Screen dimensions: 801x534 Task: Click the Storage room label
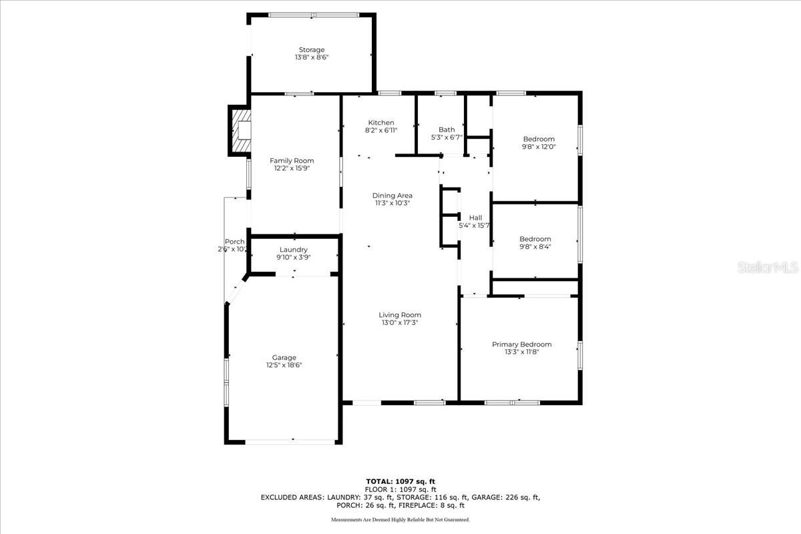point(312,49)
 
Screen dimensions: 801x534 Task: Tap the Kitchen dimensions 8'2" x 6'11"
point(381,131)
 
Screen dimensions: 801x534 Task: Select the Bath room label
point(447,129)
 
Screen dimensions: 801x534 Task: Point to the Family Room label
point(292,161)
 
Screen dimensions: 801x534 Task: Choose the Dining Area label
point(392,196)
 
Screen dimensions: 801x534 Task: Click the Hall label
point(475,218)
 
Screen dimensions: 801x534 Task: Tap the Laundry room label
point(294,250)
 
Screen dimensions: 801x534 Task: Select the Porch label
point(234,242)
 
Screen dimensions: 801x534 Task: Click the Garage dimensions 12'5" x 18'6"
point(284,365)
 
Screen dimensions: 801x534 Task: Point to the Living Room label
point(400,315)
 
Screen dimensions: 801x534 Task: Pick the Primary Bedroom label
point(522,344)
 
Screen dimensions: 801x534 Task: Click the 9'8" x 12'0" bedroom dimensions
point(539,147)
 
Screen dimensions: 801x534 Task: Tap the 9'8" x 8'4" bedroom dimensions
point(535,246)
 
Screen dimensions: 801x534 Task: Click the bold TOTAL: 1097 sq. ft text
point(400,482)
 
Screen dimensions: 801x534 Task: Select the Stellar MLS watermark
point(768,267)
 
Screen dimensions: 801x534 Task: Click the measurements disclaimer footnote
point(400,520)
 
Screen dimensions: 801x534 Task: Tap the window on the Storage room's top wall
point(314,15)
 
